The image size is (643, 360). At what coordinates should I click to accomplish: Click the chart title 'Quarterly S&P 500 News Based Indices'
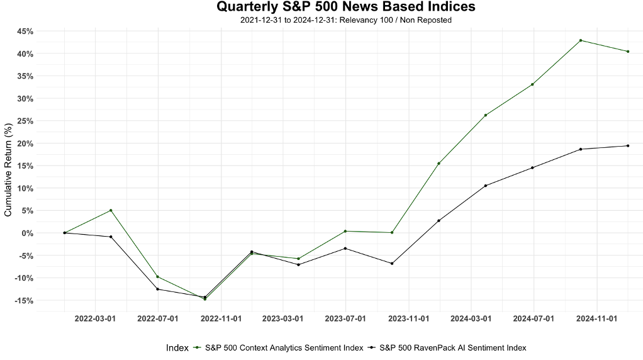click(x=346, y=7)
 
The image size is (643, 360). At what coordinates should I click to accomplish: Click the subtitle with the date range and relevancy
click(x=346, y=20)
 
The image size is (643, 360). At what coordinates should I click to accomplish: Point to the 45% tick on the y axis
click(x=25, y=31)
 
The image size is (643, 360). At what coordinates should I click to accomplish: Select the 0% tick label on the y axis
click(x=27, y=233)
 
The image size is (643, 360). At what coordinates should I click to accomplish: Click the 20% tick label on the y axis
click(x=25, y=143)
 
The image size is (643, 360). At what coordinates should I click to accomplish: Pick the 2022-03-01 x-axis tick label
click(x=95, y=319)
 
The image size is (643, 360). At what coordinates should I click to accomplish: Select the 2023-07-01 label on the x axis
click(x=345, y=319)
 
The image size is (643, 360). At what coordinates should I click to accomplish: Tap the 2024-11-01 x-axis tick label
click(x=596, y=319)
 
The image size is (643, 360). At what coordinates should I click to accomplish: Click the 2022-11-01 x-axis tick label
click(x=220, y=319)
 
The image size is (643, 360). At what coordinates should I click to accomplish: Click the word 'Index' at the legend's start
click(x=177, y=347)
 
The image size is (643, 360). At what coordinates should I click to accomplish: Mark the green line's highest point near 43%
click(x=580, y=40)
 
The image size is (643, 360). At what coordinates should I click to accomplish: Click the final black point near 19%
click(x=627, y=146)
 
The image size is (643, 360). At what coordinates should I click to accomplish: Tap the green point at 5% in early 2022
click(x=111, y=210)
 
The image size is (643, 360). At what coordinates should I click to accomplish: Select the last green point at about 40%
click(x=627, y=52)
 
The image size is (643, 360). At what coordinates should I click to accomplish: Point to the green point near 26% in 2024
click(x=486, y=115)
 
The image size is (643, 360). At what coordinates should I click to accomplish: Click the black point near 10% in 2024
click(x=486, y=186)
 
